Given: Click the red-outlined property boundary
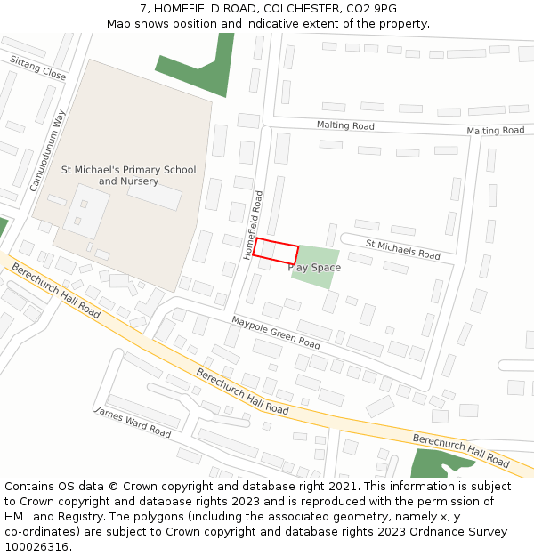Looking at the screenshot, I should pos(275,251).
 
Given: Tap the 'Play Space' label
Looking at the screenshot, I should pos(313,267).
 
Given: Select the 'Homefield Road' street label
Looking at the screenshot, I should pos(254,225).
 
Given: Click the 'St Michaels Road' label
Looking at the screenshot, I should pos(402,249).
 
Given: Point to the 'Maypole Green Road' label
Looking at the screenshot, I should pos(276,332).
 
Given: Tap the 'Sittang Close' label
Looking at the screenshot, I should pos(37,68).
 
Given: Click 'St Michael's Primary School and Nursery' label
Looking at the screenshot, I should pos(128,175).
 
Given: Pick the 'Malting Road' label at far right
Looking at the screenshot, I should pos(496,131).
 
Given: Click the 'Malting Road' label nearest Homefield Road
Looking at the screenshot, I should pos(345,125).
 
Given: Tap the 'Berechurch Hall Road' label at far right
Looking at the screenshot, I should pos(461,451).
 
